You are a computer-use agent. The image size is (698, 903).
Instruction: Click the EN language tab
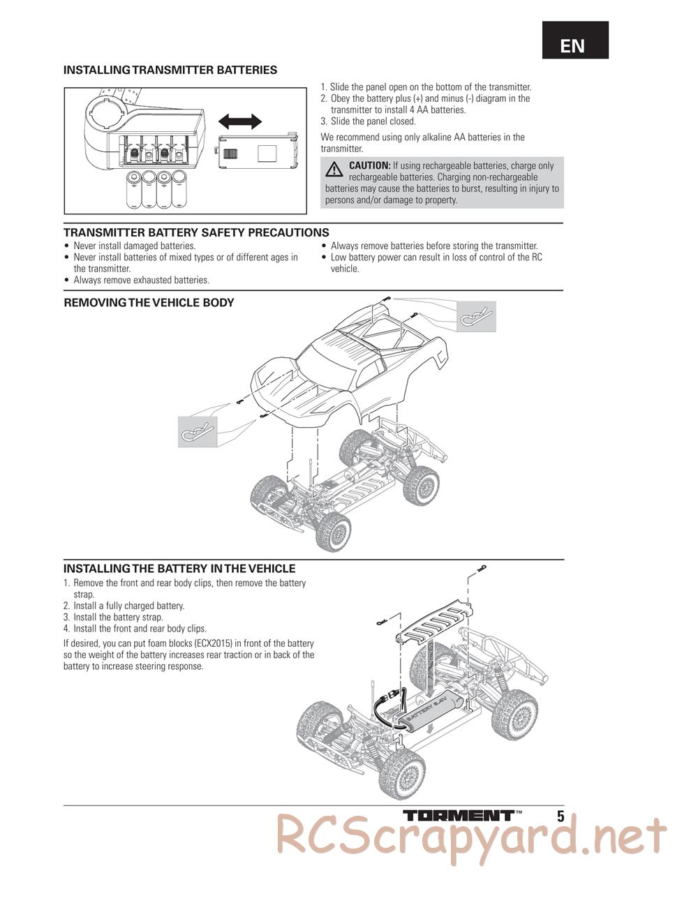573,46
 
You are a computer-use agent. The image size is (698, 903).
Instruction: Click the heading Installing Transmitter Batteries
170,70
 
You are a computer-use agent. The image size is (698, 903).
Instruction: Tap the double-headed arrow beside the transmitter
240,122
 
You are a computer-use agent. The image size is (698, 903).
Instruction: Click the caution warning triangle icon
335,168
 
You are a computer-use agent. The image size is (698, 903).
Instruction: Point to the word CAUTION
369,165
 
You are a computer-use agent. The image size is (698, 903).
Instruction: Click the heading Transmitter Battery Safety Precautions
196,232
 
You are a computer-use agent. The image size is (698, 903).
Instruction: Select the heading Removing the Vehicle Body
149,303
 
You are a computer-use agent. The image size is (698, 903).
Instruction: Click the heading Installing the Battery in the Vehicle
179,569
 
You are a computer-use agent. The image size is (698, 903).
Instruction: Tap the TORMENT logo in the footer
459,815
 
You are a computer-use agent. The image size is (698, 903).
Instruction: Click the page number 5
560,816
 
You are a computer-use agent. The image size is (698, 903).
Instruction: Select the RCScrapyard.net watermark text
471,835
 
